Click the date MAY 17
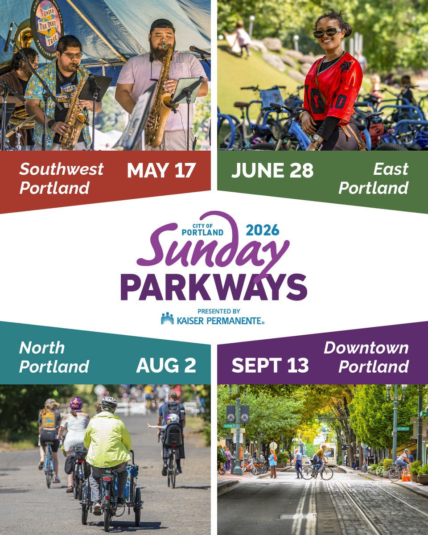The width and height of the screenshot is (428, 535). (161, 170)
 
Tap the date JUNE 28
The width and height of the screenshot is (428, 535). (272, 170)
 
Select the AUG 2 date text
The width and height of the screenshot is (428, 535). (166, 365)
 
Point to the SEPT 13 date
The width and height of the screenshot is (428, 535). (270, 365)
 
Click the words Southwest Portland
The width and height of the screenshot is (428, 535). (61, 178)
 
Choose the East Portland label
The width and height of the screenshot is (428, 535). (374, 178)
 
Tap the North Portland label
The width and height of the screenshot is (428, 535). (54, 357)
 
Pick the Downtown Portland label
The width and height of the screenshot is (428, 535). (366, 357)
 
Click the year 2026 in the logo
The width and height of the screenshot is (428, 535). (262, 230)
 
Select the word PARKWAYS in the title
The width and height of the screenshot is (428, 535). (214, 287)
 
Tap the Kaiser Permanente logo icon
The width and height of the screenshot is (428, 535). (167, 318)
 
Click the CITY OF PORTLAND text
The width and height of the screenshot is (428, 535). (202, 230)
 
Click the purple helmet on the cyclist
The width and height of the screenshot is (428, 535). (76, 403)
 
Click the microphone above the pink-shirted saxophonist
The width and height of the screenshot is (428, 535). (198, 49)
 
